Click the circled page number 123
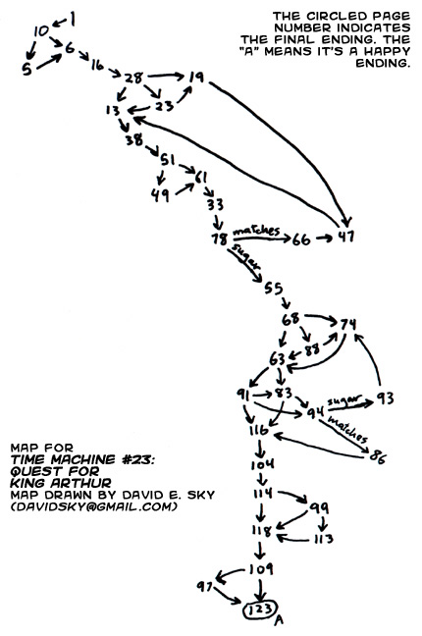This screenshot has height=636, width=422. tap(260, 609)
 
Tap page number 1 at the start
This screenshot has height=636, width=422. tap(73, 19)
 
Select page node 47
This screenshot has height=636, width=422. tap(346, 237)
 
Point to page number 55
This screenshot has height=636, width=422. tap(273, 289)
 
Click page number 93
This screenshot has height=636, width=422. tap(385, 398)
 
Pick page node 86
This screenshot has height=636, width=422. tap(378, 456)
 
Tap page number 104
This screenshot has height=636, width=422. tap(262, 464)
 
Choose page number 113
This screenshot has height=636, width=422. tap(324, 539)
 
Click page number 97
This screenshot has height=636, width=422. tap(205, 586)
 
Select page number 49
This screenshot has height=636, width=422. tap(160, 195)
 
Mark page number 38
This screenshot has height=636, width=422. tap(134, 139)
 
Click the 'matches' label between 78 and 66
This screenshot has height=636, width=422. tap(256, 231)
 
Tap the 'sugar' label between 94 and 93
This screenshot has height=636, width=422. tap(344, 399)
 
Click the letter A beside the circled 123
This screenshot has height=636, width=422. tap(279, 619)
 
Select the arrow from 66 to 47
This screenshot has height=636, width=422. tap(325, 238)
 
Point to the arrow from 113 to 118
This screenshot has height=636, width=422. tap(293, 539)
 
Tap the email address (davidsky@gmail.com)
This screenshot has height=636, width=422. tap(94, 506)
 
